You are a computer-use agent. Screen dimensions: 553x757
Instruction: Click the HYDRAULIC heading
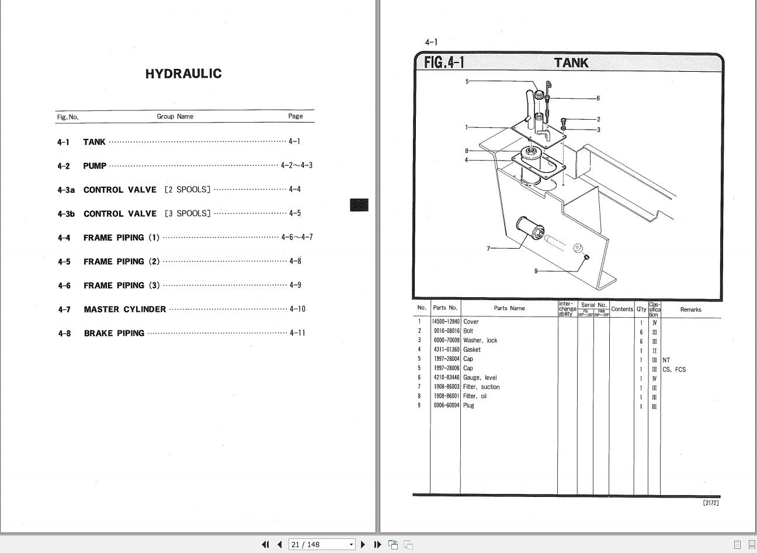tap(183, 74)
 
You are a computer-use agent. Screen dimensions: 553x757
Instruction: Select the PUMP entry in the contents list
tap(95, 166)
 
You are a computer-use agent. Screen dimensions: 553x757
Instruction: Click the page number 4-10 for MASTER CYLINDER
tap(297, 309)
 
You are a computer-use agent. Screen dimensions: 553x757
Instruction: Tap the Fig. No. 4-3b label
tap(66, 214)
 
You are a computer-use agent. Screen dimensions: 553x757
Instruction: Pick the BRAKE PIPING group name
tap(114, 333)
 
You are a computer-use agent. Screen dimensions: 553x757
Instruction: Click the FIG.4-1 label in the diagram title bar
tap(444, 62)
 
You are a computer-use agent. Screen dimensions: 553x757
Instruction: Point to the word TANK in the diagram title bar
tap(571, 62)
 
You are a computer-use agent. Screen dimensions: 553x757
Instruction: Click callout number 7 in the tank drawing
tap(488, 249)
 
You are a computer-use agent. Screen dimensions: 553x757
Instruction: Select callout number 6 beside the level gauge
tap(598, 98)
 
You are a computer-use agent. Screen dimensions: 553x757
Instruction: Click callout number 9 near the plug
tap(536, 271)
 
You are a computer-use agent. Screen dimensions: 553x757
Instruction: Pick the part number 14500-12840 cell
tap(446, 322)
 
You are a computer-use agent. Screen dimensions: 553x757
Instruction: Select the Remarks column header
tap(690, 309)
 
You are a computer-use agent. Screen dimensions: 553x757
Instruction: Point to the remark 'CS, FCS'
tap(674, 370)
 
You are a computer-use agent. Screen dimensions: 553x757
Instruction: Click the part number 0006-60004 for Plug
tap(446, 405)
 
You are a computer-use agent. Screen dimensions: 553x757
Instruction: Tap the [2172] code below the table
tap(711, 503)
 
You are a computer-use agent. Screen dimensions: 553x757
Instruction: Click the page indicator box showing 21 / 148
tap(321, 544)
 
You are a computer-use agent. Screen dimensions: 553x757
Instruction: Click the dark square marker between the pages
tap(359, 205)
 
